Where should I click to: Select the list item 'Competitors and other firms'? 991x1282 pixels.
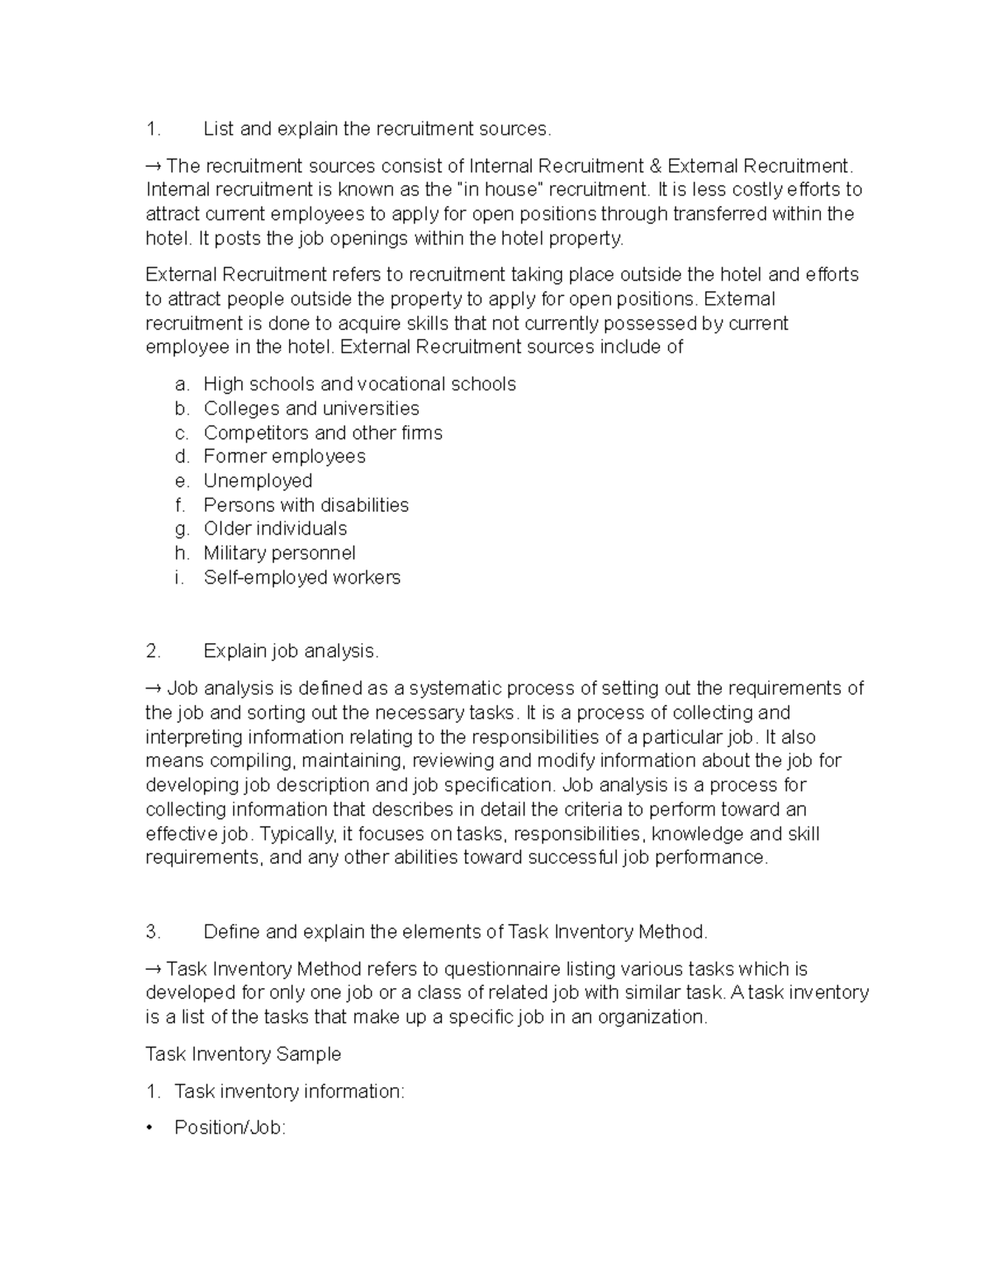pyautogui.click(x=322, y=433)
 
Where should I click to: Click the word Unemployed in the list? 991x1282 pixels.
pyautogui.click(x=258, y=480)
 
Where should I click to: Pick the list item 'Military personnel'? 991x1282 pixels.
pyautogui.click(x=279, y=553)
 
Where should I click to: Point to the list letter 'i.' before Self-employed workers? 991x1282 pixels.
pyautogui.click(x=178, y=577)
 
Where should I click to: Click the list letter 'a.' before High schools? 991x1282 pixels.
pyautogui.click(x=182, y=384)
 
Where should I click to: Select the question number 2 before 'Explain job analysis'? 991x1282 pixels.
pyautogui.click(x=152, y=651)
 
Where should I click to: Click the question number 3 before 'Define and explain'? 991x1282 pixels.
pyautogui.click(x=152, y=932)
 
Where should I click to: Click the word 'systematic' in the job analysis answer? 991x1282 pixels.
pyautogui.click(x=453, y=688)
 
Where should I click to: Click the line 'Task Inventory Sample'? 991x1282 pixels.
pyautogui.click(x=243, y=1054)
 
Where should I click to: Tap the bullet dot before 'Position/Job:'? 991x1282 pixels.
pyautogui.click(x=149, y=1128)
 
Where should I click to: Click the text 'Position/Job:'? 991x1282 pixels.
pyautogui.click(x=230, y=1128)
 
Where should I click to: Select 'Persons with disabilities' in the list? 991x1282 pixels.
pyautogui.click(x=306, y=505)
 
